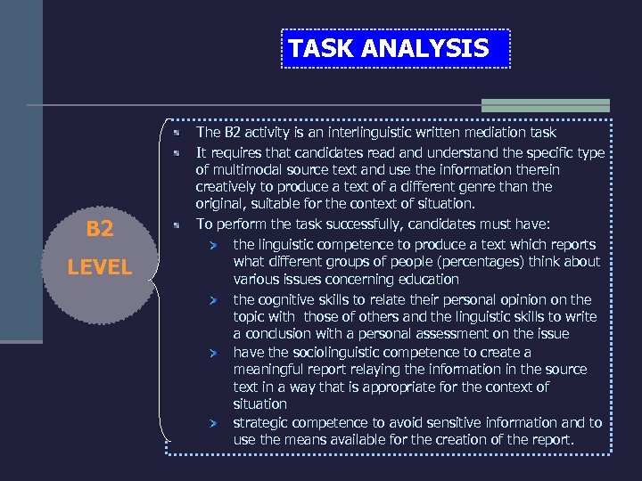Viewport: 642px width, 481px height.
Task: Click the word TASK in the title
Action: coord(320,48)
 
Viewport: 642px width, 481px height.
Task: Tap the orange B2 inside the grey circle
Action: coord(100,229)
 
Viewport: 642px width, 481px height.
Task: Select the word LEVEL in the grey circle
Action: coord(100,266)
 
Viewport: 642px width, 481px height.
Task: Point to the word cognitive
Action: coord(291,299)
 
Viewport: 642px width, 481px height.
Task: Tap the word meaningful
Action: coord(273,370)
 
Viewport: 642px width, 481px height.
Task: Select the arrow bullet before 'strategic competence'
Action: coord(214,424)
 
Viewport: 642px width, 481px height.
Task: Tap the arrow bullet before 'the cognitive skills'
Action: coord(214,300)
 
